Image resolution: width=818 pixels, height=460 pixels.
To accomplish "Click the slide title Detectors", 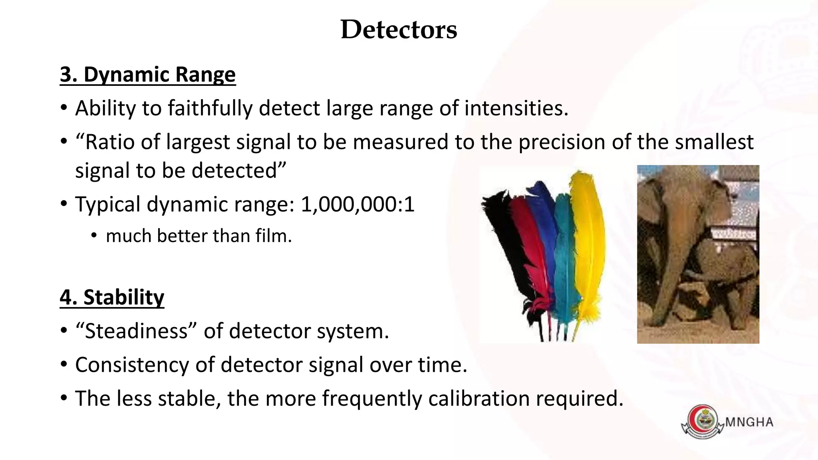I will pos(399,30).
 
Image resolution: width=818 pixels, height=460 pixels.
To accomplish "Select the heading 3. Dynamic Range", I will pos(148,75).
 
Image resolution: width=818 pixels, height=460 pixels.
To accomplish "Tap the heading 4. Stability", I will pos(112,297).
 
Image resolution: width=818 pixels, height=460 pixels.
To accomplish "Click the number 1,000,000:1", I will pos(357,204).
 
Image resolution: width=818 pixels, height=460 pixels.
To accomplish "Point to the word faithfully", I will pos(210,108).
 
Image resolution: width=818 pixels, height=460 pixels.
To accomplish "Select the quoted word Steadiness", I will pos(136,331).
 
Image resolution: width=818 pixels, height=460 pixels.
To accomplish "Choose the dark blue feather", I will pos(544,216).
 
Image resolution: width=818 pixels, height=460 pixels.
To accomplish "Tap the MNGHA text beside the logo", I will pos(749,422).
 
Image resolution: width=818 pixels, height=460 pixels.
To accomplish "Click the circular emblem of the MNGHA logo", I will pos(702,421).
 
